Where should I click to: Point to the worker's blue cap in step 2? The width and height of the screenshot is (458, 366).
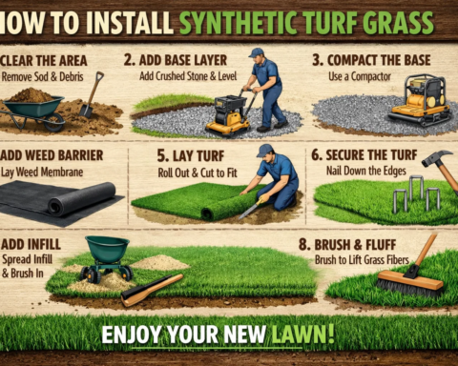click(256, 53)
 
